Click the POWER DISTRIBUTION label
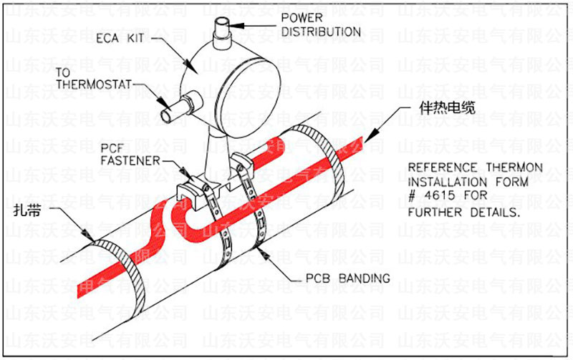pyautogui.click(x=320, y=24)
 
